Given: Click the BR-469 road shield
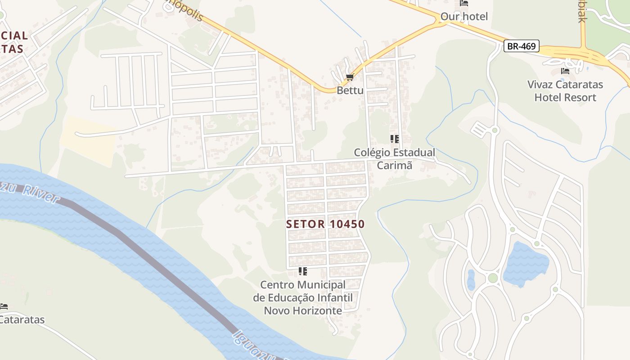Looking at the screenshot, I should point(521,46).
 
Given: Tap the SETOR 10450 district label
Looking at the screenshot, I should point(325,224).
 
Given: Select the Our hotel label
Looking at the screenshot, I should point(464,17).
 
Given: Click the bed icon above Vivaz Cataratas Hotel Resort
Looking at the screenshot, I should point(565,71).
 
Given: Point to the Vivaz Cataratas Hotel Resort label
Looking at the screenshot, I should point(565,91).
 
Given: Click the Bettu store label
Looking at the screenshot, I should point(350,90).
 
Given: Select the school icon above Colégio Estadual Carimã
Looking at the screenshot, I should point(395,139).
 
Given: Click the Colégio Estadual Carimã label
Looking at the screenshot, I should point(395,159).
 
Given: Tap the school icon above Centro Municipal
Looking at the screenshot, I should point(303,271).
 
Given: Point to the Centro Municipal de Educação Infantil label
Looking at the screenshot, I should point(303,291).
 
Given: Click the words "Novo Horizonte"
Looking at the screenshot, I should point(303,311).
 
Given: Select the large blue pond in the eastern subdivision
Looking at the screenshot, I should point(525,263).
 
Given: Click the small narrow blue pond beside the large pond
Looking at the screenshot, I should point(471,279).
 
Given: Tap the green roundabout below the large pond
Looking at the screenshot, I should point(493,278).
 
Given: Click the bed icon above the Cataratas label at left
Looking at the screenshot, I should point(4,306).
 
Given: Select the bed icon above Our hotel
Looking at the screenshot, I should point(464,3).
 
